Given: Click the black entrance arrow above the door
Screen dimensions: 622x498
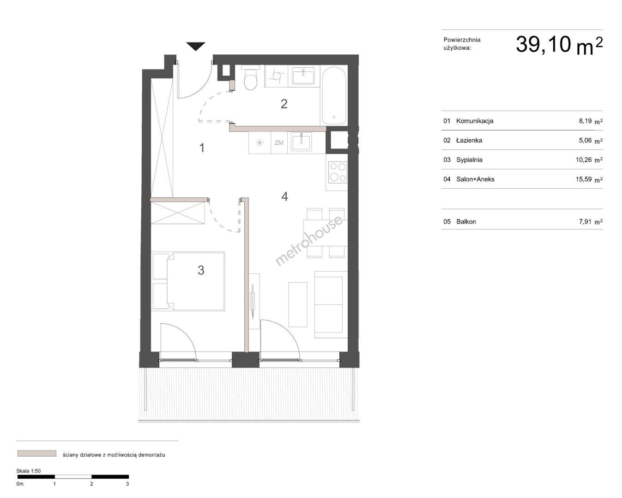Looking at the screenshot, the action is (x=195, y=46).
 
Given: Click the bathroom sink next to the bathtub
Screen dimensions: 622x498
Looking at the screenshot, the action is (x=303, y=76).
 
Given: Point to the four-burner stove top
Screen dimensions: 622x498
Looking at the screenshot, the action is (x=338, y=172).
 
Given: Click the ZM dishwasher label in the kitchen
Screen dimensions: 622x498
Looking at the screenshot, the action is (x=279, y=142).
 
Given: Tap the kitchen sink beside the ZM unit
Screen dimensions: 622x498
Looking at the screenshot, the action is (x=301, y=142).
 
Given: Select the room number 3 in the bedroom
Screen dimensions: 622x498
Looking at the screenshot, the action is (x=201, y=270).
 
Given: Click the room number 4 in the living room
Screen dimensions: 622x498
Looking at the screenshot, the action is (x=284, y=196).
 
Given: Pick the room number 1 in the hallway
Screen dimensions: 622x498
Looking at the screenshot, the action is (x=202, y=148).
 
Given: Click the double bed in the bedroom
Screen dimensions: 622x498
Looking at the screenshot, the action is (x=188, y=281).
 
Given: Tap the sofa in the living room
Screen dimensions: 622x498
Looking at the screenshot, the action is (x=331, y=305).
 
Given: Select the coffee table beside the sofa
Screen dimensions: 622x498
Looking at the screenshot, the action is (x=298, y=305).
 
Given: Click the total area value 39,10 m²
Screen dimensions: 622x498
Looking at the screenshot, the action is (x=559, y=45).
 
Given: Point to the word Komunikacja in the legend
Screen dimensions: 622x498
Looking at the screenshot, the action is (x=475, y=121).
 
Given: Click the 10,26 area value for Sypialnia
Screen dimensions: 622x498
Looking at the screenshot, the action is (x=584, y=160).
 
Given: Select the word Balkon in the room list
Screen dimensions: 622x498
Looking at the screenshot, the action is (x=466, y=222).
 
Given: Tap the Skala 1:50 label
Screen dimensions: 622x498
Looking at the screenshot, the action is (x=28, y=471).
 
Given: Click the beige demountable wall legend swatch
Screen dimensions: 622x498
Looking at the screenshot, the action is (x=36, y=453).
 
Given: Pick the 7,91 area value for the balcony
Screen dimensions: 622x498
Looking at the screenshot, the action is (x=586, y=222).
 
